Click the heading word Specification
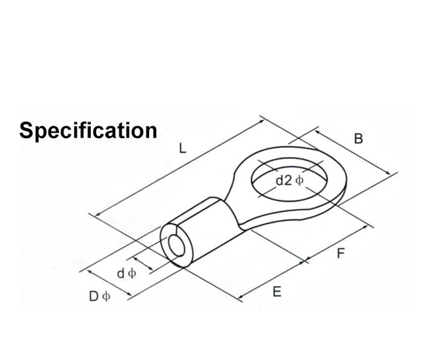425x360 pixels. point(88,130)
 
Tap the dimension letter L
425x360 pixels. point(182,149)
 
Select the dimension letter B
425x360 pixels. point(358,139)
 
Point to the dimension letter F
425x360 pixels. point(340,253)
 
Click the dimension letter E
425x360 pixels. point(277,292)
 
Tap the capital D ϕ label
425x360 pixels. point(99,297)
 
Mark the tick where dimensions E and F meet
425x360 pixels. point(306,262)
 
